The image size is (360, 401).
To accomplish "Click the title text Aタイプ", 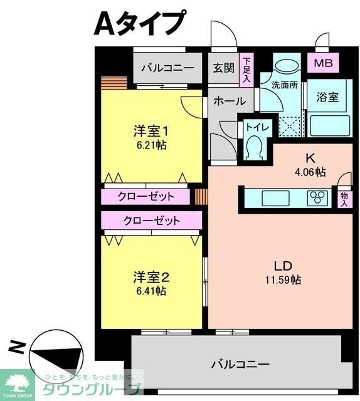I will tap(140, 24).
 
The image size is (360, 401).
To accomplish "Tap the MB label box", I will tap(324, 63).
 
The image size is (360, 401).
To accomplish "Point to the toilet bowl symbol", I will tap(255, 148).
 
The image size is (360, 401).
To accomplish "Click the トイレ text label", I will tap(257, 127).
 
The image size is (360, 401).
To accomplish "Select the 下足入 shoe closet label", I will tap(247, 70).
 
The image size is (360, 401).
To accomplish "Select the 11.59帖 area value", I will tap(282, 279).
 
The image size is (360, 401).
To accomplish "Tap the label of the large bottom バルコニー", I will tap(240, 363).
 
